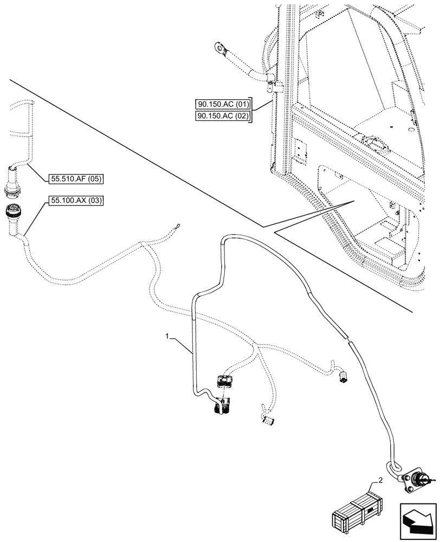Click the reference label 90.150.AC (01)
point(223,104)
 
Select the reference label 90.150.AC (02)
point(223,117)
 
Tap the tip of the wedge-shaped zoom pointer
point(353,201)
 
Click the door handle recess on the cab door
point(376,144)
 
